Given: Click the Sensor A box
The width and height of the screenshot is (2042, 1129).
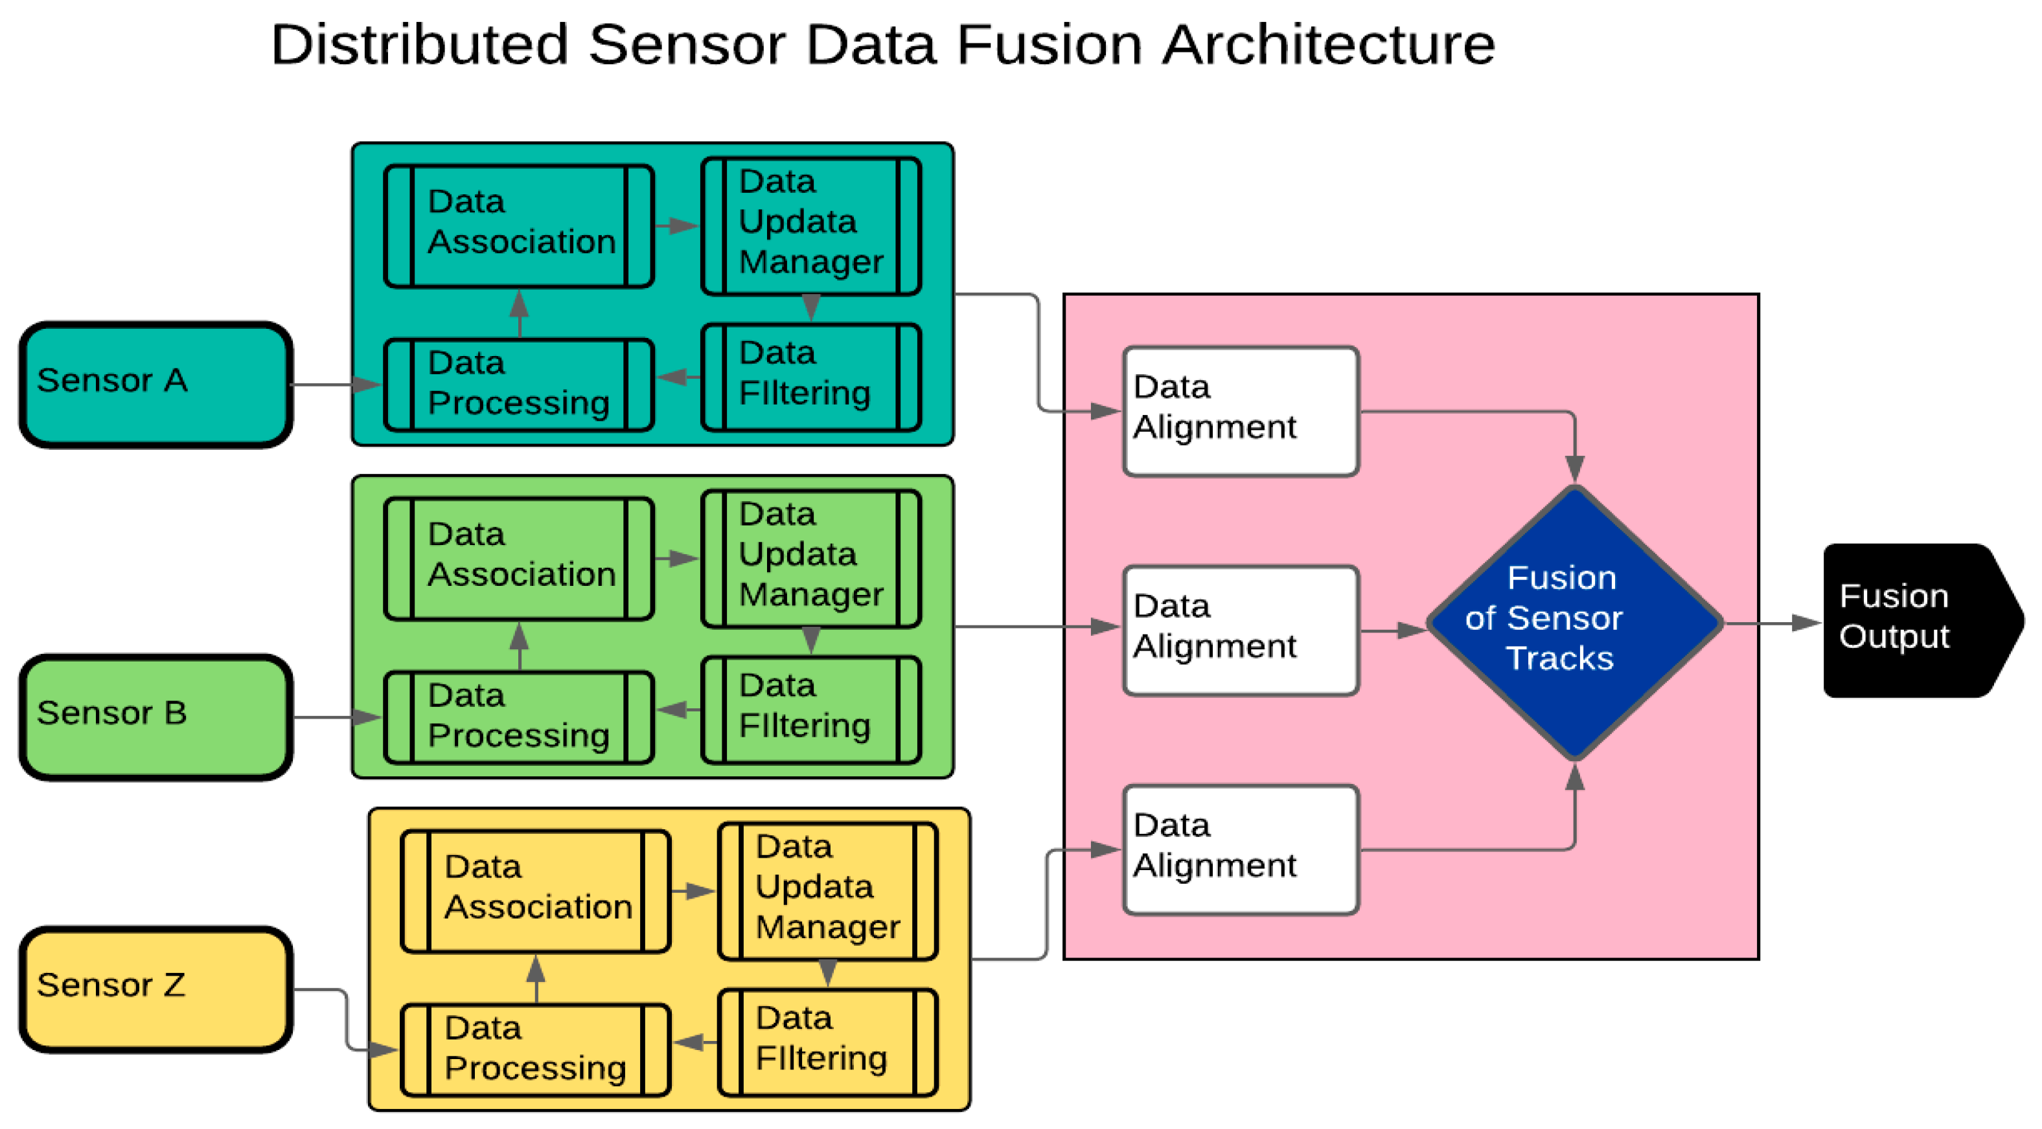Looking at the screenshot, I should pos(155,385).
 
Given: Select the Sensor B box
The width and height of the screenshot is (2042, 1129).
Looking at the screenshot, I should pos(155,717).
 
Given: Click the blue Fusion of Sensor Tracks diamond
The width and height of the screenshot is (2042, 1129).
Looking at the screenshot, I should pos(1574,622).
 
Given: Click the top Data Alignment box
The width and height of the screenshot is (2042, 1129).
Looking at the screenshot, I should pos(1241,410).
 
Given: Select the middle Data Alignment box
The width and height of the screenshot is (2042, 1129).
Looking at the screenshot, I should pos(1241,630).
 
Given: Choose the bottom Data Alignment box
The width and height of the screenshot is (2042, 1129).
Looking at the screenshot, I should pos(1241,849).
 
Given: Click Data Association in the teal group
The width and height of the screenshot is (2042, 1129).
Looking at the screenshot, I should pos(518,226).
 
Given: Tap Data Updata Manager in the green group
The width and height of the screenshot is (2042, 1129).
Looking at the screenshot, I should pos(811,559).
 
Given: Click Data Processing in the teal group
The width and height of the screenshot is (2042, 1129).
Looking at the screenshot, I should pos(518,385).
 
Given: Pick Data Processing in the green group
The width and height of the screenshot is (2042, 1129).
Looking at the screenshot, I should pos(518,717).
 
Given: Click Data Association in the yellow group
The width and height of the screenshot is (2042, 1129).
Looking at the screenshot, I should pos(535,891).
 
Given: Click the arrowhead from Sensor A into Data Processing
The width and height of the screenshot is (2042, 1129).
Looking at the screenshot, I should pos(368,385).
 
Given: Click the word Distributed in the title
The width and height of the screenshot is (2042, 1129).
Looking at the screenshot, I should pos(419,45).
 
